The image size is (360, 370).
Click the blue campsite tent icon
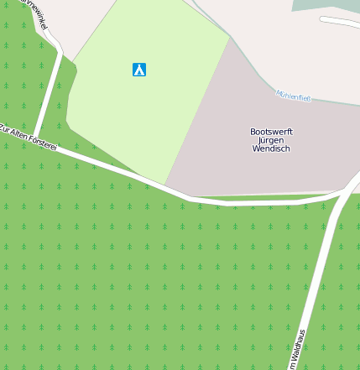click(x=139, y=70)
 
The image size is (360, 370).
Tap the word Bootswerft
click(x=271, y=132)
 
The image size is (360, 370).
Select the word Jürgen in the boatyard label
click(x=271, y=140)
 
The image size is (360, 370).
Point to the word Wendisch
click(x=271, y=149)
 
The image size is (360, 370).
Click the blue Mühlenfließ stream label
click(x=294, y=96)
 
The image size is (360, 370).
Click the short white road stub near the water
click(x=339, y=21)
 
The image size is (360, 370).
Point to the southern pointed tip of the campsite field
click(x=164, y=185)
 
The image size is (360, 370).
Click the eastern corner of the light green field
click(x=229, y=36)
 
